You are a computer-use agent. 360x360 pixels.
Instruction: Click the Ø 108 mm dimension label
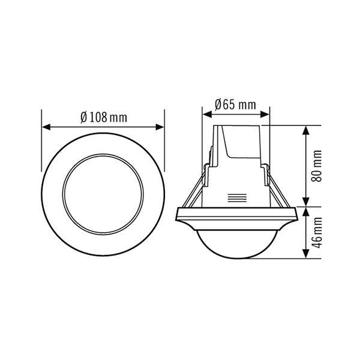click(x=103, y=117)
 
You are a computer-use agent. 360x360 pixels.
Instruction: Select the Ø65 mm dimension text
click(x=236, y=104)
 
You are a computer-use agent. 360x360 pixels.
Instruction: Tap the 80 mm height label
click(x=318, y=167)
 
